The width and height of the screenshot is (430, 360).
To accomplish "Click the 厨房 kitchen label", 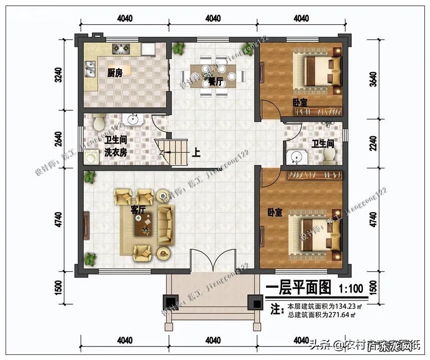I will coord(115,73).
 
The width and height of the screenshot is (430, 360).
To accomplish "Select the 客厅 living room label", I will coord(138,210).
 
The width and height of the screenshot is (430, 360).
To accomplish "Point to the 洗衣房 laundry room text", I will coord(115,152).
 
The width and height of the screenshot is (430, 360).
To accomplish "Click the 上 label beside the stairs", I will coord(196,153).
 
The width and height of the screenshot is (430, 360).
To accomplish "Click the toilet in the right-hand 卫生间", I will coord(329,157).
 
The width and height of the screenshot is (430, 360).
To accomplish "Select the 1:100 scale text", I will coord(351,288).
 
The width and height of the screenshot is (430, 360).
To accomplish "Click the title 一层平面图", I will coord(298,288).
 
